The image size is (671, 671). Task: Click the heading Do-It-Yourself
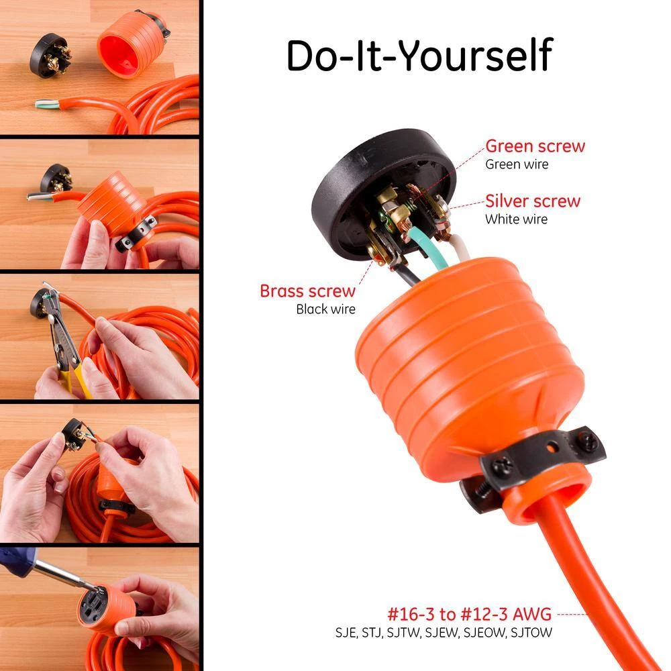pyautogui.click(x=419, y=56)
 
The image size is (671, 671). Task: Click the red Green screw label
pyautogui.click(x=535, y=146)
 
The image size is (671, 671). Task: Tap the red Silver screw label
pyautogui.click(x=533, y=201)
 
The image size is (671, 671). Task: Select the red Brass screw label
pyautogui.click(x=307, y=292)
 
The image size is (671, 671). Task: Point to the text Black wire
pyautogui.click(x=325, y=310)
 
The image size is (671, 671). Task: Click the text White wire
pyautogui.click(x=516, y=219)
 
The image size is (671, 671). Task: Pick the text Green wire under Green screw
pyautogui.click(x=517, y=164)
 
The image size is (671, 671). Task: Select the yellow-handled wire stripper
pyautogui.click(x=70, y=362)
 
